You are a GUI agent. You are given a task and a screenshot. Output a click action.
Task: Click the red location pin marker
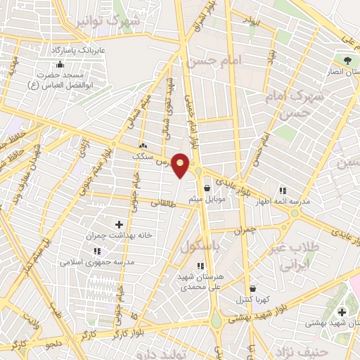pos(181,165)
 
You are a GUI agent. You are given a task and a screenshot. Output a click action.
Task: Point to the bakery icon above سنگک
pos(143,147)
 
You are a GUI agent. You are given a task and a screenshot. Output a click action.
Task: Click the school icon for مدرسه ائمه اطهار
pos(283,190)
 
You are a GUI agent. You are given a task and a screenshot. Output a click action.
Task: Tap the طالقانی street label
pos(165,203)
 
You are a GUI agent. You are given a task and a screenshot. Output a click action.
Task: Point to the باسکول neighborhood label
pos(200,247)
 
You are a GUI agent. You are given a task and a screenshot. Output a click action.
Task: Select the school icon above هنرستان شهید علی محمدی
pos(200,266)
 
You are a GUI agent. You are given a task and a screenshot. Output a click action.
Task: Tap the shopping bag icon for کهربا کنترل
pos(251,288)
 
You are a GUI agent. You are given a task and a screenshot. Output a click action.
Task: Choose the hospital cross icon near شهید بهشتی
pos(342,312)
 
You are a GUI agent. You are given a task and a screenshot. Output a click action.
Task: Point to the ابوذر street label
pos(251,22)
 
